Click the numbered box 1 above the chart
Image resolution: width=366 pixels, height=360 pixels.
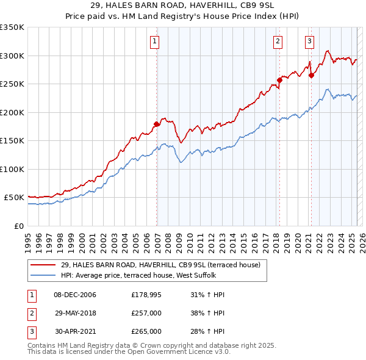pos(154,41)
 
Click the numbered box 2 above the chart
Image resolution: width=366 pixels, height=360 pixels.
pos(278,41)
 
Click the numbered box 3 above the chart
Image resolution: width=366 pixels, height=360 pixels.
pos(309,41)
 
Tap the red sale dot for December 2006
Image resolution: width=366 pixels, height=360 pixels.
pos(157,124)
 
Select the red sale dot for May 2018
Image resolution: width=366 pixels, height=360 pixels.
pos(279,79)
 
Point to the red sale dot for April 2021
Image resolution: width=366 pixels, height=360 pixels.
pos(311,75)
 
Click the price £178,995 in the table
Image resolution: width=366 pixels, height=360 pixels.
pos(146,295)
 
